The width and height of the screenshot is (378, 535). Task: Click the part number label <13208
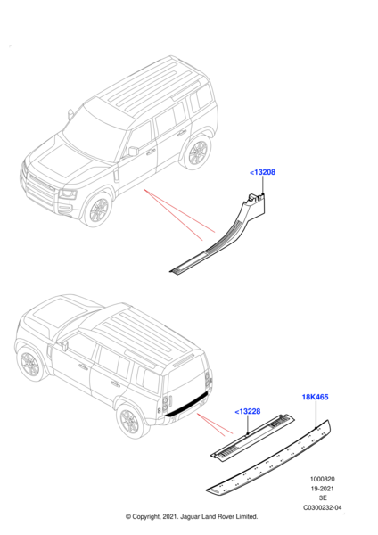tap(262, 172)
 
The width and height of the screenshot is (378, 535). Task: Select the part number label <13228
tap(247, 411)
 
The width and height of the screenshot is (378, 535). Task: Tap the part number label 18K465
tap(315, 397)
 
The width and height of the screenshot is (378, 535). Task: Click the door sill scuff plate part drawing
tap(218, 235)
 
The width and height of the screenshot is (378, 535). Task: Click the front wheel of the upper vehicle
tap(99, 210)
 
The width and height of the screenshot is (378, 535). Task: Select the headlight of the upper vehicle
tap(69, 194)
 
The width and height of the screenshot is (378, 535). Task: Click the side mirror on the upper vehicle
tap(133, 152)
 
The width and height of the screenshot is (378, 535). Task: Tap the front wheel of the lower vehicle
tap(30, 364)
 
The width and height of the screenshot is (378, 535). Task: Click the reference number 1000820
tap(322, 479)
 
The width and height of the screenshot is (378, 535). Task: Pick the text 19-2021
tap(322, 489)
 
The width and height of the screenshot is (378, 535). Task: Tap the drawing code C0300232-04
tap(323, 507)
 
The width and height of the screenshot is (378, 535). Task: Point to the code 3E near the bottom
tap(323, 498)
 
